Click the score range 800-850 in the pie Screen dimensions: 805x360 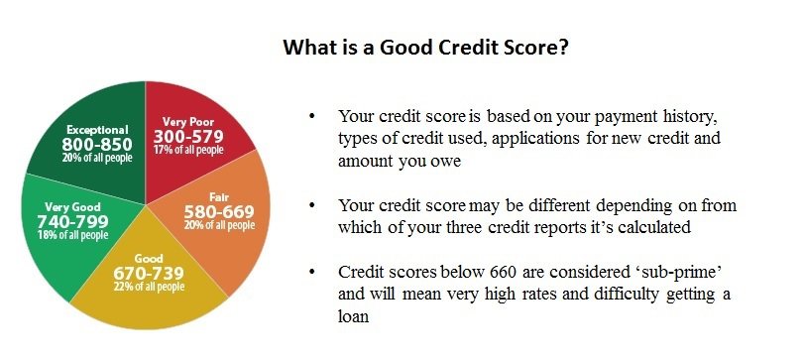point(97,145)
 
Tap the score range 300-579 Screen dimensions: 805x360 point(188,137)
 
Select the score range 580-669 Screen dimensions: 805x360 point(219,212)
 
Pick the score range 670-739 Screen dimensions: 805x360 point(149,273)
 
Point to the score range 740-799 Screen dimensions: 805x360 point(73,221)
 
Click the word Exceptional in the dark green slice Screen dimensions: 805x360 point(97,130)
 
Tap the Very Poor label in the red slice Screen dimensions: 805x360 point(188,122)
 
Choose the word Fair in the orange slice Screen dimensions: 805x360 point(219,197)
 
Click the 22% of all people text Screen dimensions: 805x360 point(149,286)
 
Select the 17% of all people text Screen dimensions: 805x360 point(188,150)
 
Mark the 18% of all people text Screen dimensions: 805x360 point(73,235)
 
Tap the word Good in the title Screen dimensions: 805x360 point(405,48)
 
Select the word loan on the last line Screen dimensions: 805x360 point(353,315)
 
